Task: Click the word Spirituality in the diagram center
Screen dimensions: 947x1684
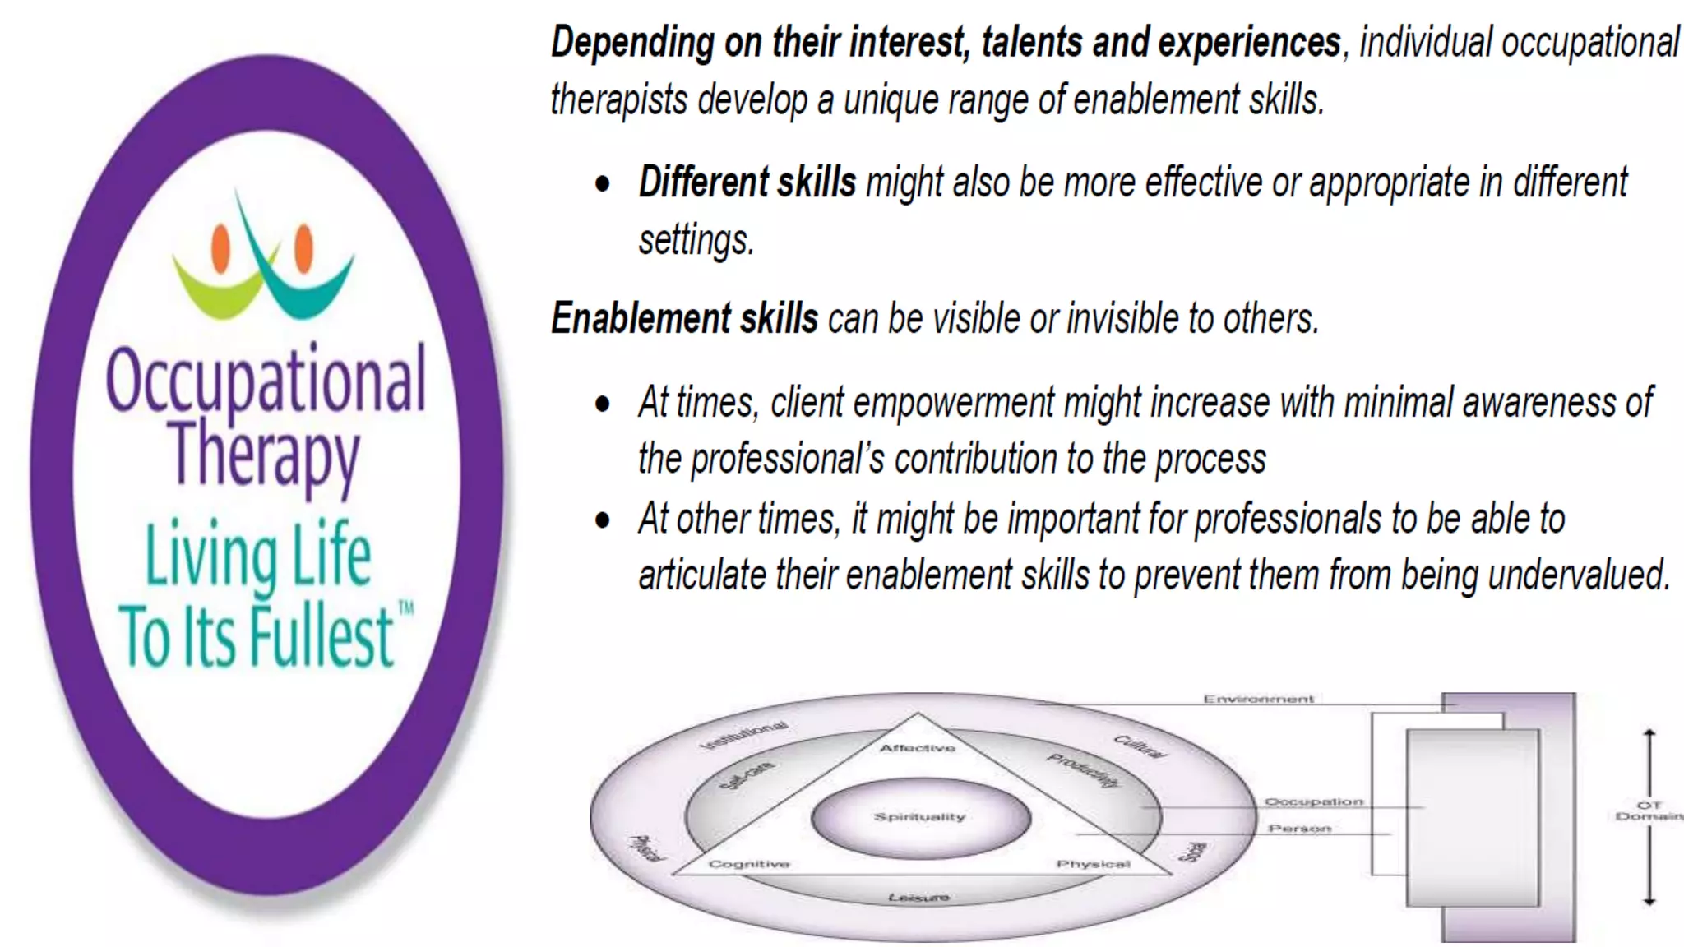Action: (919, 817)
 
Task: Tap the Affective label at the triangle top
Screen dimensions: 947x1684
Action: (918, 748)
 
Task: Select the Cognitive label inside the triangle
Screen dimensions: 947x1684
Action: (749, 864)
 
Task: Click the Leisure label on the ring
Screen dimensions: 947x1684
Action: (918, 898)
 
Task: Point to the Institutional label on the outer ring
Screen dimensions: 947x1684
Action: (744, 736)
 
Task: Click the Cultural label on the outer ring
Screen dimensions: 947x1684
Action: (1139, 746)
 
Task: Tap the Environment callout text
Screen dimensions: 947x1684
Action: (1258, 700)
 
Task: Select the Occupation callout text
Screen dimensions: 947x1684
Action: (1313, 801)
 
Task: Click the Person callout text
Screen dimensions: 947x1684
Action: (1299, 829)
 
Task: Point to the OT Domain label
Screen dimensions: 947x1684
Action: (1649, 811)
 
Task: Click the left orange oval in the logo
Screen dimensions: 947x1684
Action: (220, 247)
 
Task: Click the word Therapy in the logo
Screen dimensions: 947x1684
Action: (263, 455)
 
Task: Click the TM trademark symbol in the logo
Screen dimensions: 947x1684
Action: (406, 608)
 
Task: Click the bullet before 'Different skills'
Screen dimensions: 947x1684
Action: (603, 182)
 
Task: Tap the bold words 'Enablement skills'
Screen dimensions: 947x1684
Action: (684, 319)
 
